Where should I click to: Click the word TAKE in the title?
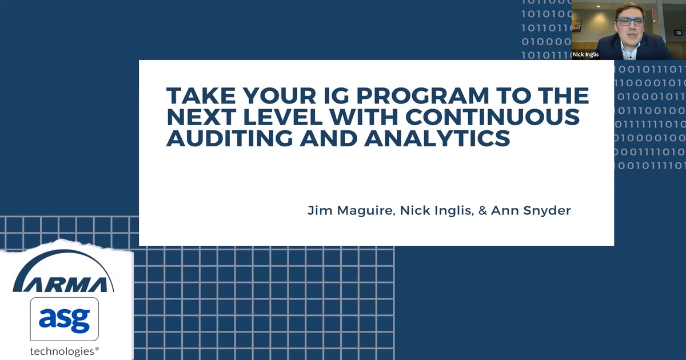point(201,95)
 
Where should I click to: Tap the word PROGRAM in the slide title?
point(422,95)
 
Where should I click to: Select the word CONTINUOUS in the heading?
point(492,117)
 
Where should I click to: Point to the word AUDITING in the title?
point(230,138)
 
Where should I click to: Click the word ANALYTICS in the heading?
point(437,138)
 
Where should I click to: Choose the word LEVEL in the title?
point(282,117)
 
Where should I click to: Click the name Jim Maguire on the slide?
point(350,211)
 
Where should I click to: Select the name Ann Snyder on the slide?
point(531,211)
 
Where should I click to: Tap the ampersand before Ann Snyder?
point(482,211)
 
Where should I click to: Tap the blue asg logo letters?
point(64,320)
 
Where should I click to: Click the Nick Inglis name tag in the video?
point(585,54)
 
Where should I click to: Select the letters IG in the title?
point(336,95)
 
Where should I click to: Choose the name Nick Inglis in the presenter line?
point(436,211)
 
